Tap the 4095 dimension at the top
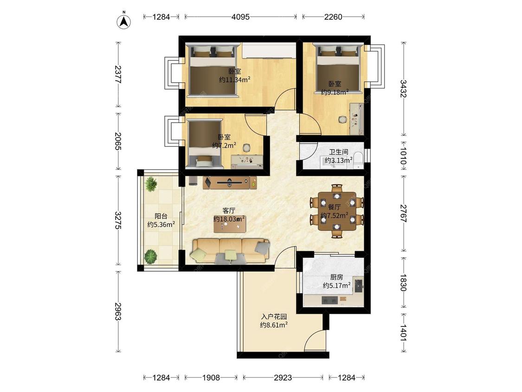240,17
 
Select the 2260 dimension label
333,17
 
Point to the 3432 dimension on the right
403,89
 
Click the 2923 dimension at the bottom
283,378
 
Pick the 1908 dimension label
211,378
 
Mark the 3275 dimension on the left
118,220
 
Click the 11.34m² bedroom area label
235,80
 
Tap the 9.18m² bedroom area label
335,92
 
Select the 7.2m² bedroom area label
225,145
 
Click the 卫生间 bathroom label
339,152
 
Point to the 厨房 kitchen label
336,277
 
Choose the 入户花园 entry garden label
274,317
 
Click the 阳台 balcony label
161,216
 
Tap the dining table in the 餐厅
337,211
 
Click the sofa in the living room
230,251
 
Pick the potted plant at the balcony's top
151,184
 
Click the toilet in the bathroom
358,160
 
